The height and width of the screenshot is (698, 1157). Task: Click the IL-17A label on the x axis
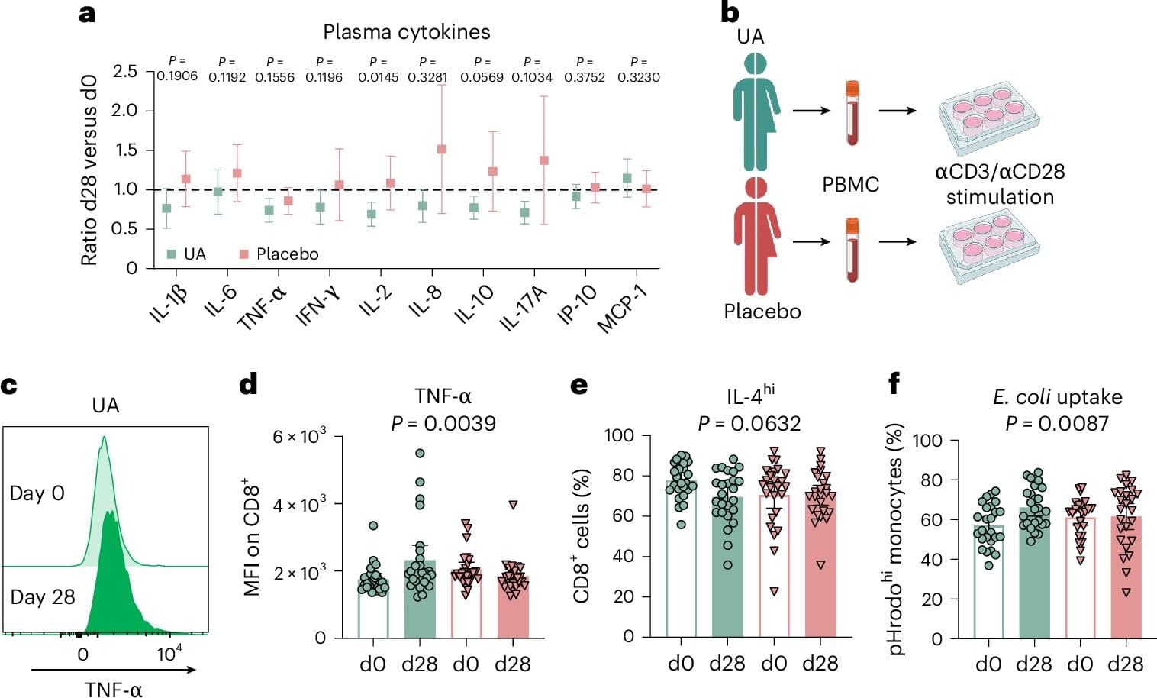click(524, 309)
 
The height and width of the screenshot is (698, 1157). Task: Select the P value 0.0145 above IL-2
click(379, 77)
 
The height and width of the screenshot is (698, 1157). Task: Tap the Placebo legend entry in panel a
click(287, 254)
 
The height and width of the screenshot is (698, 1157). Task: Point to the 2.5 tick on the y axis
click(125, 72)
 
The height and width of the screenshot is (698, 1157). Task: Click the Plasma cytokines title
click(406, 32)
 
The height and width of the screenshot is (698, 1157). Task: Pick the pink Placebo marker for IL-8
click(442, 150)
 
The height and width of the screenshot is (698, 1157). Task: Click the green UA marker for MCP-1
click(627, 179)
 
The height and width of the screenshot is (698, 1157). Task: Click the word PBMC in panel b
click(850, 185)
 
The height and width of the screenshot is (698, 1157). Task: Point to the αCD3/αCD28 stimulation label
click(1000, 184)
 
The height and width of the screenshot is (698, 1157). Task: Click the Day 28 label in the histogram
click(43, 597)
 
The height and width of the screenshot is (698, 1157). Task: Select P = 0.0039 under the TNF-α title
click(443, 424)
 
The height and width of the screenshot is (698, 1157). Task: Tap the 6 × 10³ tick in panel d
click(299, 437)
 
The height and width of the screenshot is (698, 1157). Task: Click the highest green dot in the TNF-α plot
click(420, 454)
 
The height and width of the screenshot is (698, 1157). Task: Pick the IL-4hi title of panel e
click(750, 396)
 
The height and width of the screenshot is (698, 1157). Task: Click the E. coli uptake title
click(1057, 397)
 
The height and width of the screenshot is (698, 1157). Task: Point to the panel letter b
click(730, 13)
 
